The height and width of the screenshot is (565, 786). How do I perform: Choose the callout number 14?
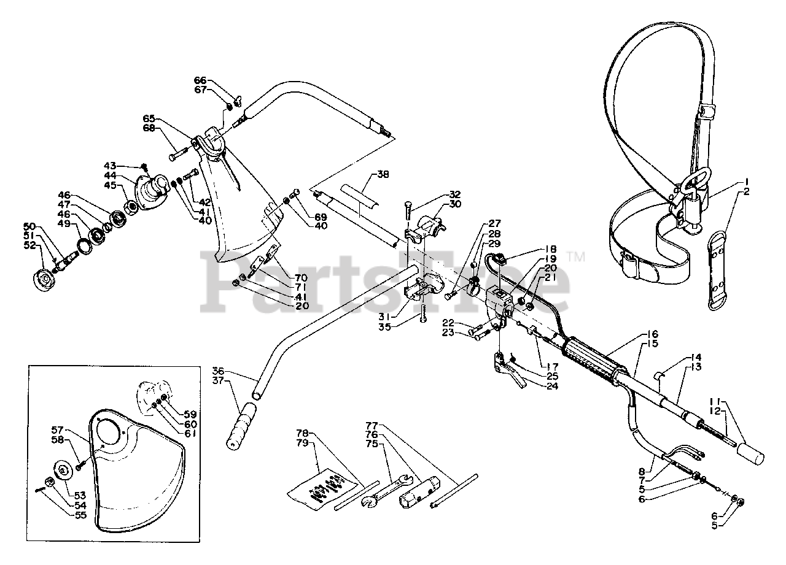click(696, 357)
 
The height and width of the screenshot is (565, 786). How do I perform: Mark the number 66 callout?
click(200, 80)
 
